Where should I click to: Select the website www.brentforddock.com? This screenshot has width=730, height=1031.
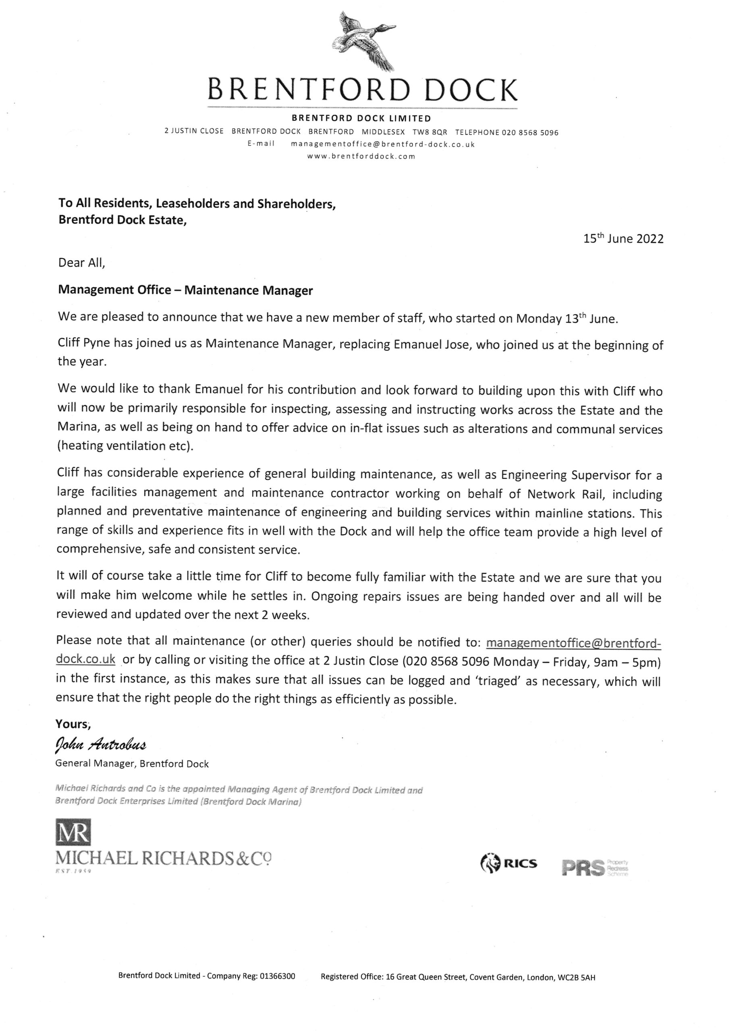click(x=361, y=157)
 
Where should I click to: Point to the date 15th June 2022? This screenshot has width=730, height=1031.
click(x=623, y=238)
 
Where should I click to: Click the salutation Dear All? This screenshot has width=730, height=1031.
click(x=81, y=263)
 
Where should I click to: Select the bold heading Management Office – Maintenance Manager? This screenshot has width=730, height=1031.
click(x=185, y=290)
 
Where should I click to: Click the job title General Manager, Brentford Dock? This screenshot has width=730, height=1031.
click(x=132, y=764)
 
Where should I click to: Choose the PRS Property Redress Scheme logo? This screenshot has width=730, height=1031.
click(x=594, y=867)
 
